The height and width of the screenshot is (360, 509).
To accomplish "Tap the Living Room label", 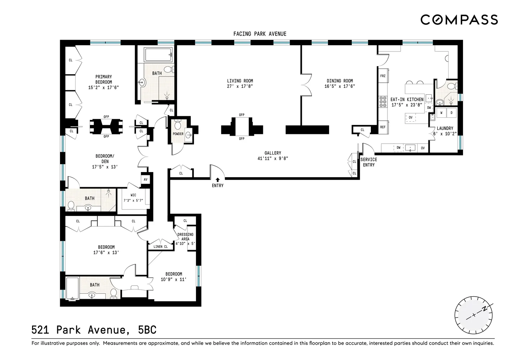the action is (x=240, y=81).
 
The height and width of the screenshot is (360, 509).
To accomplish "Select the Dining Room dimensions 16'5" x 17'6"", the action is (x=340, y=86).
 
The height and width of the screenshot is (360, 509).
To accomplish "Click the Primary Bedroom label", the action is (x=104, y=79).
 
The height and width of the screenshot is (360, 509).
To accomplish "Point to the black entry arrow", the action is (x=218, y=180).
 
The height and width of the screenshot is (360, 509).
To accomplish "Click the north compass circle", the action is (x=473, y=315).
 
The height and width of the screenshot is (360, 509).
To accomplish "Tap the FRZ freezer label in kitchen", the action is (x=383, y=76).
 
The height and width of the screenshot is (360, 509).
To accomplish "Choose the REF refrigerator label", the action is (x=383, y=127).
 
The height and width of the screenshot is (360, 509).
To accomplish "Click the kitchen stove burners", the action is (x=383, y=102).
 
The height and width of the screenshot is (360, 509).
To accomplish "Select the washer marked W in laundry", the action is (x=441, y=113).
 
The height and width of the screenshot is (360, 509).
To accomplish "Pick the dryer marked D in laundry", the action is (x=451, y=113).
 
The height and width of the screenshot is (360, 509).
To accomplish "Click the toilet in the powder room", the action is (x=177, y=125).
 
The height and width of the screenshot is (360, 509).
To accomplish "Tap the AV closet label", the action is (x=145, y=179).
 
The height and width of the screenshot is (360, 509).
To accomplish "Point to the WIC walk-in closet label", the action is (x=133, y=195).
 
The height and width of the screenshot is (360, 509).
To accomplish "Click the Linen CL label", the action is (x=160, y=247).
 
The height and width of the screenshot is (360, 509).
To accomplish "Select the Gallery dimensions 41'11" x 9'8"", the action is (x=273, y=158).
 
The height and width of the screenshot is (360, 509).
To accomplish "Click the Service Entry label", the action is (x=369, y=162).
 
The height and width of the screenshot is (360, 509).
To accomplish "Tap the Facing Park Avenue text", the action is (x=260, y=34).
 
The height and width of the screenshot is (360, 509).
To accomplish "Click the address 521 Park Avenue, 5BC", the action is (x=94, y=330).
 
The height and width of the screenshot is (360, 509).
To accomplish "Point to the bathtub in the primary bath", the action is (x=158, y=55).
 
